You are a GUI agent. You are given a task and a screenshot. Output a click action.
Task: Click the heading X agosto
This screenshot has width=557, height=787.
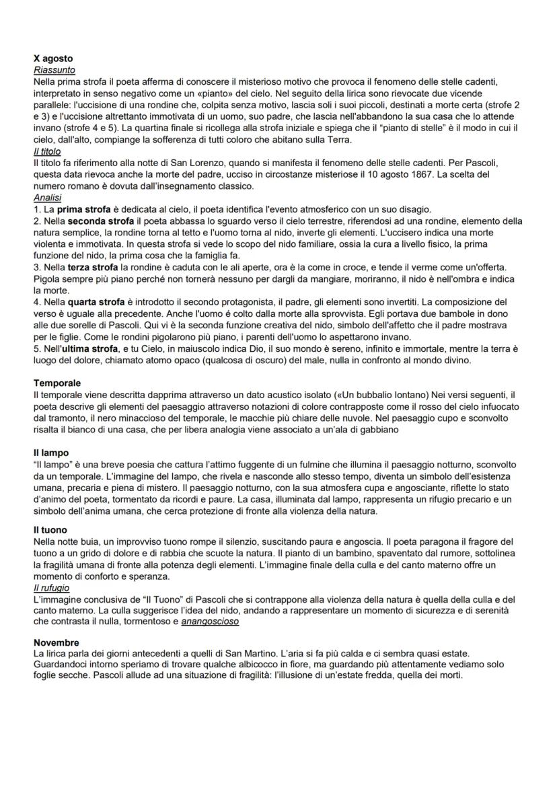(x=53, y=59)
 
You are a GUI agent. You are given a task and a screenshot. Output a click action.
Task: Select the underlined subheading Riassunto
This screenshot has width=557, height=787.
(x=54, y=69)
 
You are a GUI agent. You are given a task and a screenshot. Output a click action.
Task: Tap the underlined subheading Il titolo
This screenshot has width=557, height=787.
(x=47, y=151)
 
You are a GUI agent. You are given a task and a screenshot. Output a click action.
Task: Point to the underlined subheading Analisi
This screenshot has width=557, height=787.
(x=46, y=198)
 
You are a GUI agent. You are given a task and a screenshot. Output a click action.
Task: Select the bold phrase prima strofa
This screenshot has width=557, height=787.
(x=84, y=209)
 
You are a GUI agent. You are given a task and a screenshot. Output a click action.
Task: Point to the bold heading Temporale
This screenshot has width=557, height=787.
(x=57, y=383)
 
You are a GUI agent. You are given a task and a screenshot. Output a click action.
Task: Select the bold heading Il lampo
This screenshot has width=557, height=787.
(x=51, y=453)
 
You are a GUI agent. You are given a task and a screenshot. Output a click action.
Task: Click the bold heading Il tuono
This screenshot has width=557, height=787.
(x=50, y=530)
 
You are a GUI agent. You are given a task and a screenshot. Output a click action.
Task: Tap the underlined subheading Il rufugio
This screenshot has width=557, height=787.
(x=51, y=587)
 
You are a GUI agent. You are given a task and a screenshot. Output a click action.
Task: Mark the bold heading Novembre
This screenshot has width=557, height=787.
(x=56, y=642)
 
